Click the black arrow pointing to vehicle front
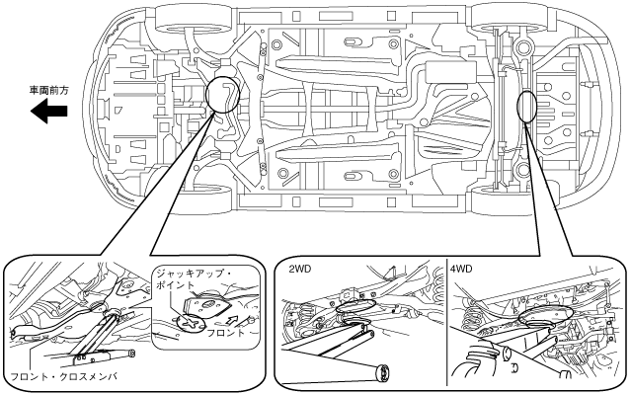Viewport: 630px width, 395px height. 49,112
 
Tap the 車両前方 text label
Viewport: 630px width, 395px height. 49,91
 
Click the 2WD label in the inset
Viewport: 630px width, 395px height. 300,269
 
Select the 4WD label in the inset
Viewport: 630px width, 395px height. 461,269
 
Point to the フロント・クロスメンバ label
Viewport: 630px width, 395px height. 64,377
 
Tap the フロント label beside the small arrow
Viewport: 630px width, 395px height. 225,333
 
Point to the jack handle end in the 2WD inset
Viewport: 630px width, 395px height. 383,372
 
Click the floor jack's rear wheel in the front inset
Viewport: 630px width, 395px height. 131,354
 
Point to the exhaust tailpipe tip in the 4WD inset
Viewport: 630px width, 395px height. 506,353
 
